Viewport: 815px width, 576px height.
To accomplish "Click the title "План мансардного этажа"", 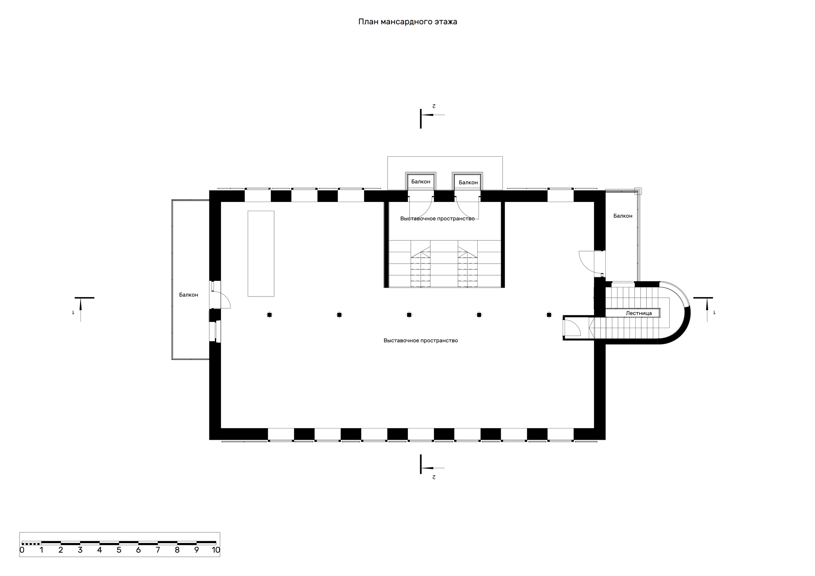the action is [x=407, y=22].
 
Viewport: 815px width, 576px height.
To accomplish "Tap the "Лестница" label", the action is [x=639, y=313].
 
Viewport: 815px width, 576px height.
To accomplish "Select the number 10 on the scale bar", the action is [x=216, y=550].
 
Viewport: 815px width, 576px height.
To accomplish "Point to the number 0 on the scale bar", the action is [x=22, y=550].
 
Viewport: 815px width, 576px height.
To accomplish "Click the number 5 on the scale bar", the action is [x=119, y=550].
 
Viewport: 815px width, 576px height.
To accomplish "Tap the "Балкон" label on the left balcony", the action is [x=188, y=295].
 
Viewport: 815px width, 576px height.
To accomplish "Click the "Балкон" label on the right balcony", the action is [x=623, y=216].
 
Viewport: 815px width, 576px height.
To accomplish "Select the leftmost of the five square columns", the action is [x=269, y=315].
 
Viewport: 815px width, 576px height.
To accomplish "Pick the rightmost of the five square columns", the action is [x=549, y=315].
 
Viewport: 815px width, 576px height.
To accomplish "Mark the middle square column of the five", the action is [x=409, y=315].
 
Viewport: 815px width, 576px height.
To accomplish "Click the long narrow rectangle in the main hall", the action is [x=261, y=253].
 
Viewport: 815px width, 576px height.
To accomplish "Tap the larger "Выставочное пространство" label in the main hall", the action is [x=421, y=340].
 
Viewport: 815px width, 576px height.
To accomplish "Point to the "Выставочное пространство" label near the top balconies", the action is [x=437, y=219].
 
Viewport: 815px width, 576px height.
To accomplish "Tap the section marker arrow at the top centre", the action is [x=433, y=115].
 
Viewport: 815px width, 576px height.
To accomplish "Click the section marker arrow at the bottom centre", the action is [x=433, y=468].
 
